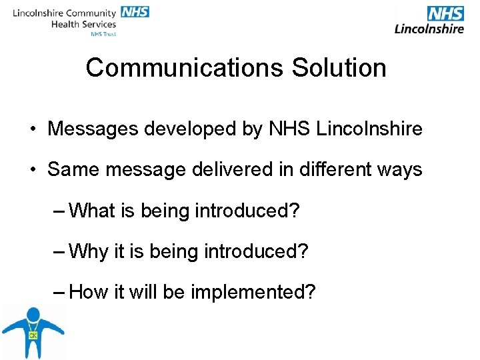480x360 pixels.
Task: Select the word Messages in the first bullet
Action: pyautogui.click(x=93, y=129)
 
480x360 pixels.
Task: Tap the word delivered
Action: pyautogui.click(x=226, y=169)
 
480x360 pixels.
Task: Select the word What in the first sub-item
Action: pyautogui.click(x=91, y=211)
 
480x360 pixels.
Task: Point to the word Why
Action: pyautogui.click(x=89, y=251)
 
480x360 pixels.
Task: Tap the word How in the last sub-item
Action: pyautogui.click(x=89, y=292)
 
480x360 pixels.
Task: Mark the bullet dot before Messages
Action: pyautogui.click(x=32, y=129)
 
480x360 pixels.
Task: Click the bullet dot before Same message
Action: pyautogui.click(x=32, y=170)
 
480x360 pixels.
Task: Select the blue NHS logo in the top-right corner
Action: pyautogui.click(x=445, y=13)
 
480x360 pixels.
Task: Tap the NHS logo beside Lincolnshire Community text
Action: pyautogui.click(x=134, y=12)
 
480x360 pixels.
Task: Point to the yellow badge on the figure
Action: pyautogui.click(x=32, y=335)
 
